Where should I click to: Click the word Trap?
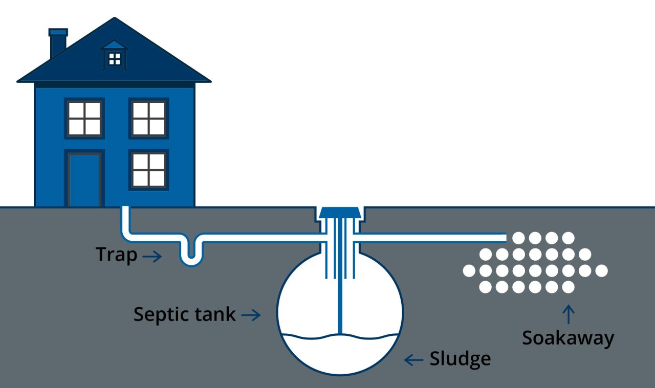116,254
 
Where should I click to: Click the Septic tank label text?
184,314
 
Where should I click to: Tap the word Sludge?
460,359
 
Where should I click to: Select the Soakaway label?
567,338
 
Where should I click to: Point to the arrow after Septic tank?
251,315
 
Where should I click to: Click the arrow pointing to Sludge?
413,360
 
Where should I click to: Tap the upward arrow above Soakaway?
568,314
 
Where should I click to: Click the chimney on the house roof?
58,43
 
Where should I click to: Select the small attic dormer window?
115,58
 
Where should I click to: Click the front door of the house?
84,179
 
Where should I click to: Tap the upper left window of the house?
84,119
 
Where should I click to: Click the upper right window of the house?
148,119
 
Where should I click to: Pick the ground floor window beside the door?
148,170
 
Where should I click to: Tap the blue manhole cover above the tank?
340,211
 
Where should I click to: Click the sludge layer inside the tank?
340,353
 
